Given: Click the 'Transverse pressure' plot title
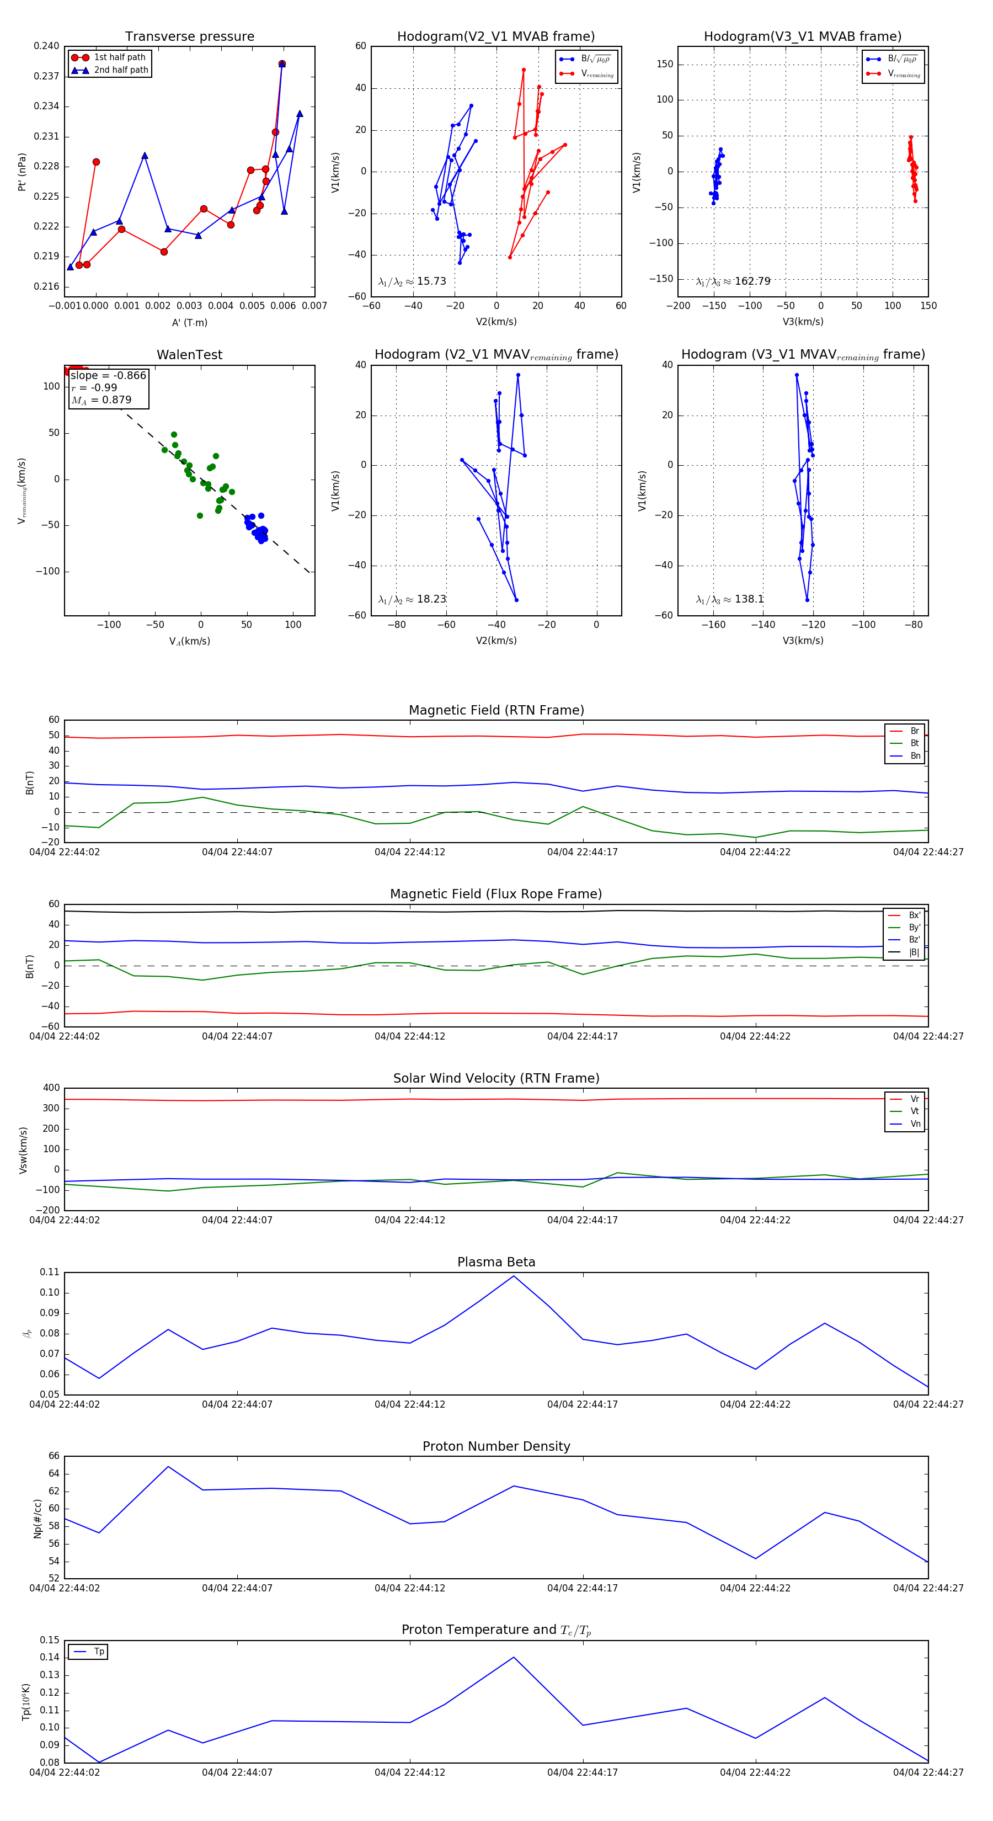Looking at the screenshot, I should click(x=189, y=36).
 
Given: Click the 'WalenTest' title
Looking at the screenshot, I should click(x=189, y=355).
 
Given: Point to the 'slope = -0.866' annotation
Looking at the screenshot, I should click(x=108, y=375).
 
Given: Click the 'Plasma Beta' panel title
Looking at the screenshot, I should click(x=496, y=1262).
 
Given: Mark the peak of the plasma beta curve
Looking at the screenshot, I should click(x=514, y=1276).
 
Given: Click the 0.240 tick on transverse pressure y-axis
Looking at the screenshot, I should click(x=47, y=46).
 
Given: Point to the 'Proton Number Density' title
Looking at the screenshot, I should click(x=496, y=1446).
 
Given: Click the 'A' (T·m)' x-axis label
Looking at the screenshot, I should click(x=189, y=322).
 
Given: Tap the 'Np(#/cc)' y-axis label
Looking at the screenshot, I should click(x=38, y=1519).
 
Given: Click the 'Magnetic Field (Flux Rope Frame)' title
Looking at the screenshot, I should click(x=496, y=894).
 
